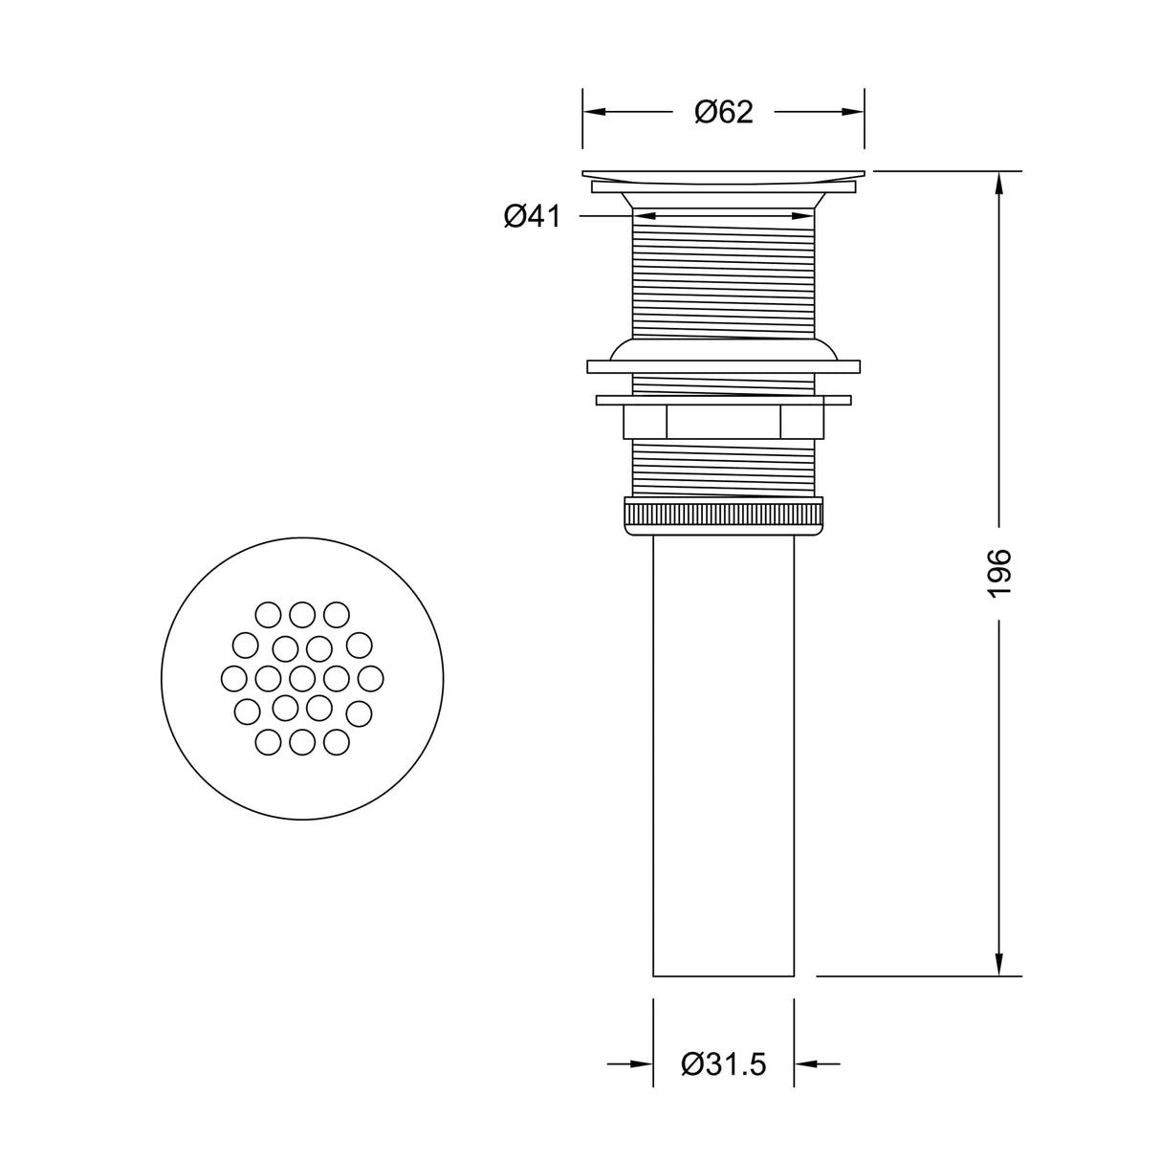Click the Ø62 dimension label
(723, 112)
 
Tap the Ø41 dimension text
(532, 217)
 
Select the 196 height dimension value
(998, 574)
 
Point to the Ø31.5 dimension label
(724, 1063)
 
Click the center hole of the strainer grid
(302, 678)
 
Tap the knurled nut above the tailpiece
(723, 515)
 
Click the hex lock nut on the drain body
(723, 422)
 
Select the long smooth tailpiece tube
(723, 756)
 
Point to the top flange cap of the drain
(723, 175)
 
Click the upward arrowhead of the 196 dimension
(999, 182)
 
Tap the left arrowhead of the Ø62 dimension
(594, 112)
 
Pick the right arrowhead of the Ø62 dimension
(854, 112)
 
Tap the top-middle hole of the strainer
(302, 613)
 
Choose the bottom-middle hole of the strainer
(302, 741)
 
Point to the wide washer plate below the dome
(723, 365)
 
